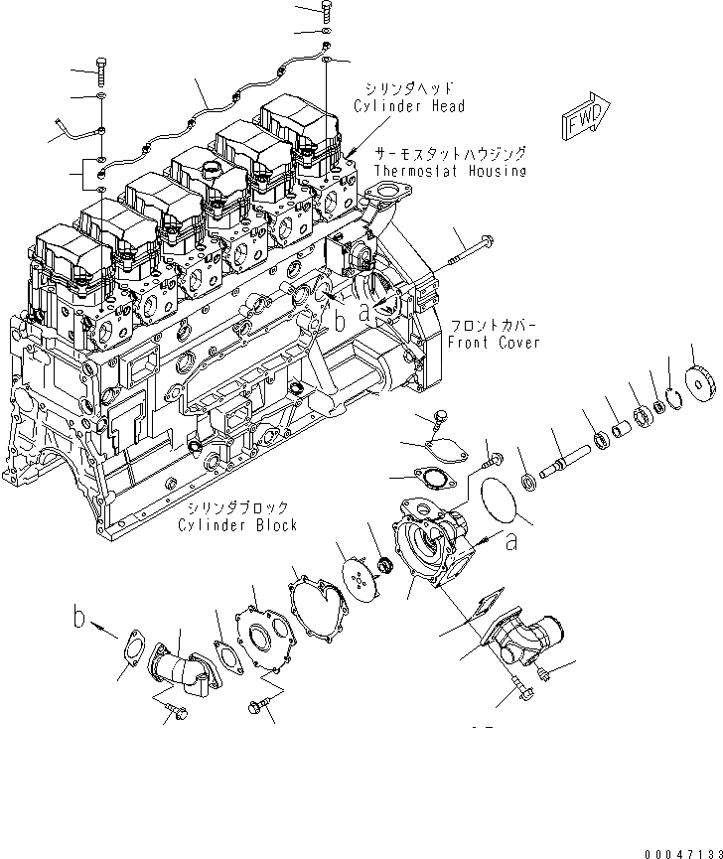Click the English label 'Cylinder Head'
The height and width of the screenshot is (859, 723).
(409, 106)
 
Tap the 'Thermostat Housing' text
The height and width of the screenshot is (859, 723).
(450, 171)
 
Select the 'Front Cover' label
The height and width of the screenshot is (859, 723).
(493, 343)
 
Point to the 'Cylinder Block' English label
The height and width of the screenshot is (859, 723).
(237, 525)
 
